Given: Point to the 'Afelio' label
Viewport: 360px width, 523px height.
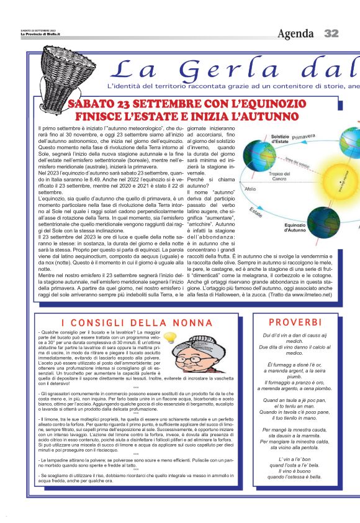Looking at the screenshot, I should pyautogui.click(x=250, y=188).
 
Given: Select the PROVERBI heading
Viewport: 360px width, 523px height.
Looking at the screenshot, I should pyautogui.click(x=295, y=322).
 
